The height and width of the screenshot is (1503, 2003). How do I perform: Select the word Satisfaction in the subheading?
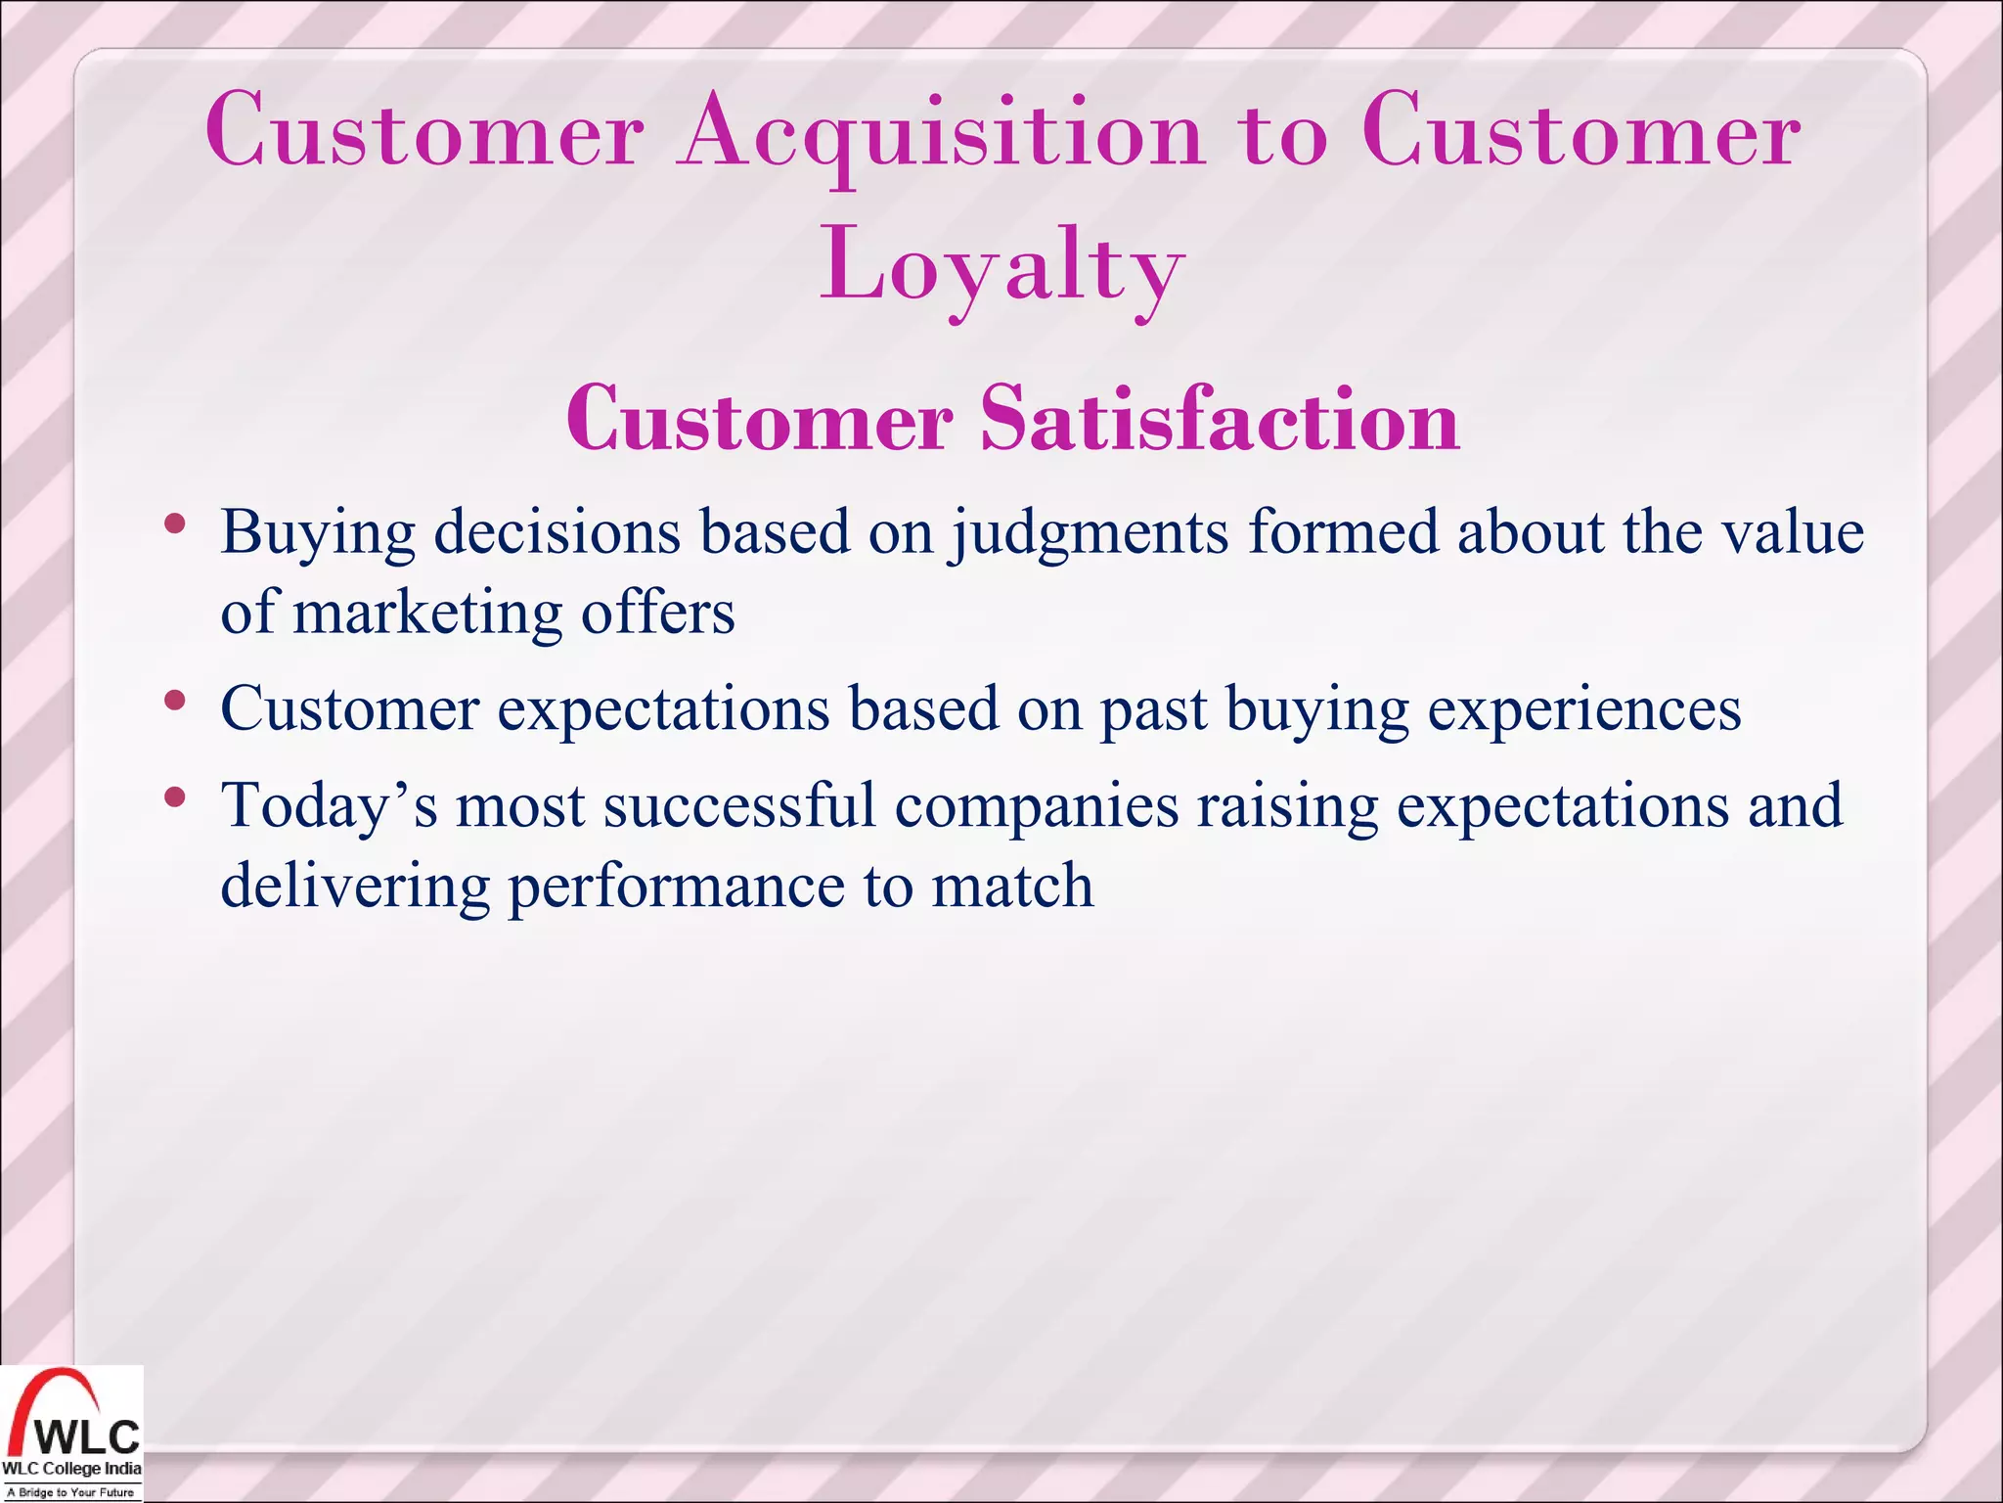point(1220,419)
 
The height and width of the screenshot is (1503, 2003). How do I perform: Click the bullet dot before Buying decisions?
point(175,524)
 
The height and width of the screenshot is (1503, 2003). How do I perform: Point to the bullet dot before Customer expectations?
point(175,700)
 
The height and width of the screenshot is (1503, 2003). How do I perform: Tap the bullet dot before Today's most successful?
point(175,797)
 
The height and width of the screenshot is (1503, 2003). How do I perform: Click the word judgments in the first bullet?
point(1089,534)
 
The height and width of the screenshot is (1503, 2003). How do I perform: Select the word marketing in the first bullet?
point(426,614)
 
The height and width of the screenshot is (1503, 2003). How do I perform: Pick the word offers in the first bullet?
point(657,614)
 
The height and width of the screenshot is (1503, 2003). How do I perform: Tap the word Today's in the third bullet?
point(329,807)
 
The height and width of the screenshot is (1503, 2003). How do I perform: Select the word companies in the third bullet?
point(1037,807)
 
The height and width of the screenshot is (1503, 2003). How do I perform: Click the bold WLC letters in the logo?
point(89,1436)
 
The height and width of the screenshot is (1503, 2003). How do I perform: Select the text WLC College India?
point(71,1469)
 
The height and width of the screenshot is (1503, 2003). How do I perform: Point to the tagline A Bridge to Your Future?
point(70,1492)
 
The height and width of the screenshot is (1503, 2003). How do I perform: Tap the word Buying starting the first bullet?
point(317,534)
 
